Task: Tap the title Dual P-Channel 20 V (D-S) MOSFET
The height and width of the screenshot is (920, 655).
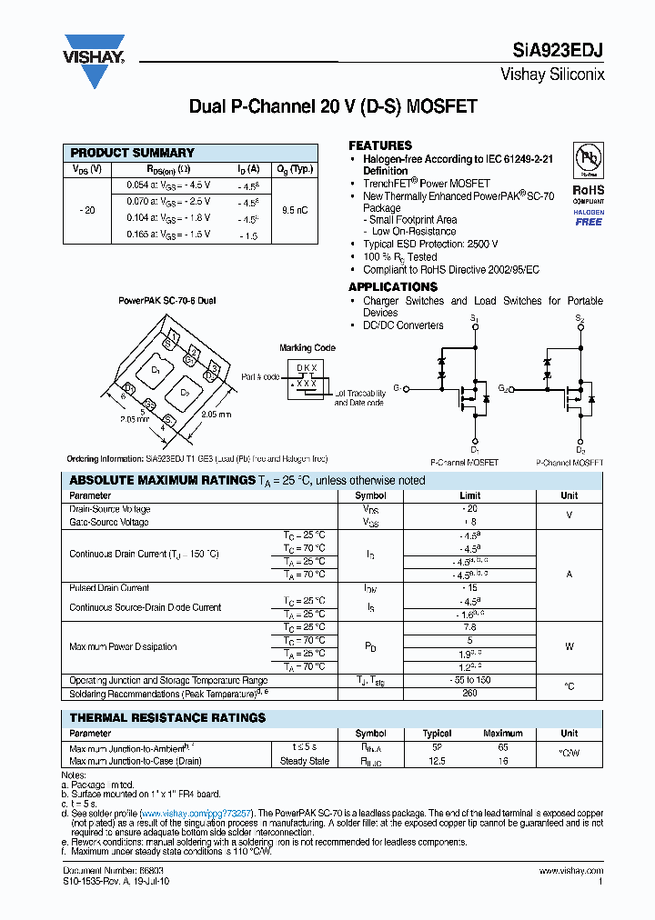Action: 332,106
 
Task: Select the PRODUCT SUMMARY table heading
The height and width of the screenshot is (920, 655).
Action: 132,153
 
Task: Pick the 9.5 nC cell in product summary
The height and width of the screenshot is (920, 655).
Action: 295,210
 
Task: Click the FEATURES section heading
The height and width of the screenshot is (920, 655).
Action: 380,145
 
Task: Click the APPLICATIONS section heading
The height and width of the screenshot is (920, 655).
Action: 393,287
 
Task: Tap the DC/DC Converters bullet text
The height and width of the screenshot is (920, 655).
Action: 403,325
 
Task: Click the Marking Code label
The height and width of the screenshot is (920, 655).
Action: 307,348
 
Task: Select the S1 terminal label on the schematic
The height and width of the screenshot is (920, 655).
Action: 474,318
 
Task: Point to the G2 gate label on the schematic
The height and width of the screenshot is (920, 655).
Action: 502,388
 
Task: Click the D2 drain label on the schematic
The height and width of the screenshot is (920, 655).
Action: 580,450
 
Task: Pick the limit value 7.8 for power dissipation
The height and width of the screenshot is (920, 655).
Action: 470,627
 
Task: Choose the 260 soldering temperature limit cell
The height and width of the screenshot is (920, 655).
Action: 470,694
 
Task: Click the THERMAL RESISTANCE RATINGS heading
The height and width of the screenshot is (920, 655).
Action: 167,718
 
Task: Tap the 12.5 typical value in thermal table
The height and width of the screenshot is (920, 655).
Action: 437,761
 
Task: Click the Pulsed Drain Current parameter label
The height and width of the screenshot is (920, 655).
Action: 109,588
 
